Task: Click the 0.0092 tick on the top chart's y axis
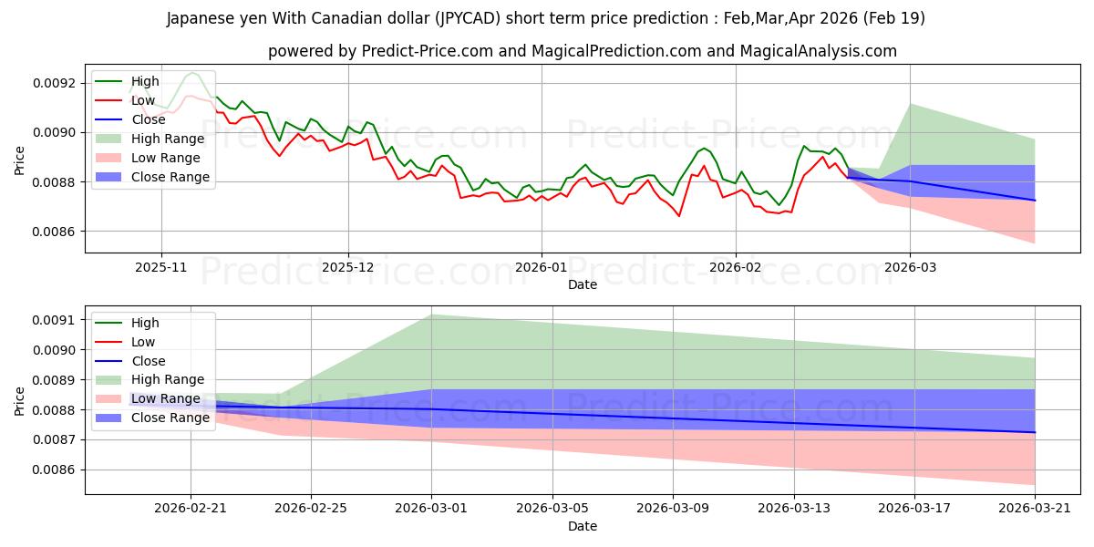(x=55, y=83)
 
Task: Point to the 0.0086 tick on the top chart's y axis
(x=55, y=232)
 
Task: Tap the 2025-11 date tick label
(x=161, y=268)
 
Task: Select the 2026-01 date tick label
(x=542, y=268)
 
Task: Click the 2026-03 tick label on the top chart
(x=911, y=268)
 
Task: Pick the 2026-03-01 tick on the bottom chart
(x=431, y=509)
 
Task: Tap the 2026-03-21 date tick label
(x=1035, y=509)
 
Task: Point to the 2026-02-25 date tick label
(x=311, y=509)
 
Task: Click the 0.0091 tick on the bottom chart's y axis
(x=55, y=320)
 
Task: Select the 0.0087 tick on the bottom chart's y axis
(x=55, y=440)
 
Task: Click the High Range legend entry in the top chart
(x=150, y=139)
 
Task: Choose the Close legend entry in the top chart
(x=131, y=119)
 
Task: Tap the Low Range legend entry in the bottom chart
(x=149, y=398)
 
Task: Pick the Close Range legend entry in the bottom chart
(x=153, y=418)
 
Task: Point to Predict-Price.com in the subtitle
(x=428, y=51)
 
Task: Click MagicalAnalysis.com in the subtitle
(x=818, y=51)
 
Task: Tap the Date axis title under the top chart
(x=583, y=284)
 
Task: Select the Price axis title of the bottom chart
(x=19, y=401)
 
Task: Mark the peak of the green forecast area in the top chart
(x=911, y=104)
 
